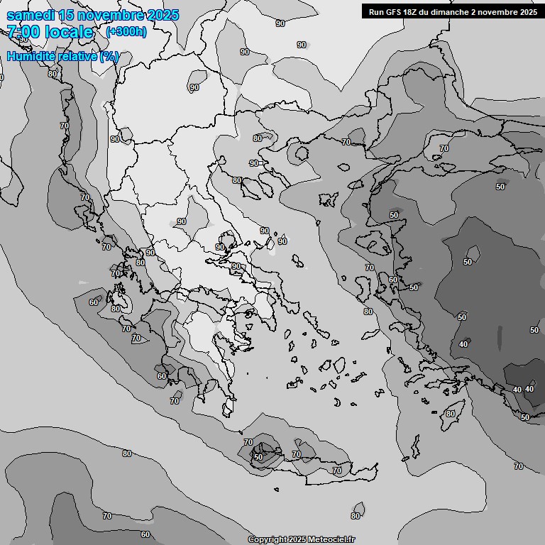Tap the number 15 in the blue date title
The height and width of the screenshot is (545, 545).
67,16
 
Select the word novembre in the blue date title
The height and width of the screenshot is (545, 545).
111,16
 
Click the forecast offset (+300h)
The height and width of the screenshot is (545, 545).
126,32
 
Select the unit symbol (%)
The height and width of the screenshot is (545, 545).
109,56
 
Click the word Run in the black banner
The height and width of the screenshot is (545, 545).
376,11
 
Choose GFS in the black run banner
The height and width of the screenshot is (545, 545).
395,11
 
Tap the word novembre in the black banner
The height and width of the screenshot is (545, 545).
496,11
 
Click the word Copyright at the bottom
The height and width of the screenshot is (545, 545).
266,540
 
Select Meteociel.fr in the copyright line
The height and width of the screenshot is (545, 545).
331,540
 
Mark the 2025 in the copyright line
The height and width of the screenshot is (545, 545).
296,540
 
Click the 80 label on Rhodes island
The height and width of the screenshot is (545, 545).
450,414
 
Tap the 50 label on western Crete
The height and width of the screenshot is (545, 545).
258,458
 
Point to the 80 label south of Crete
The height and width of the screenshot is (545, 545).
356,516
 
